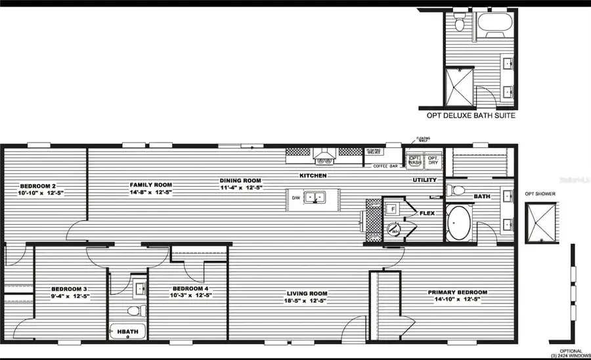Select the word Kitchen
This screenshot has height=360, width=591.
click(313, 176)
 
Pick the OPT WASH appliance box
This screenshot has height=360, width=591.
click(415, 160)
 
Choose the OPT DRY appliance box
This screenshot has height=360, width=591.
click(433, 160)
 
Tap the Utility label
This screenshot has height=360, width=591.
click(424, 179)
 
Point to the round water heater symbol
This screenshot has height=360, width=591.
click(393, 230)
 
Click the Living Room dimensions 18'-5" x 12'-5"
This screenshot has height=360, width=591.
click(306, 300)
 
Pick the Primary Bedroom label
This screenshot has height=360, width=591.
click(457, 292)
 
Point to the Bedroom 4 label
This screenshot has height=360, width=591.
click(190, 288)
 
